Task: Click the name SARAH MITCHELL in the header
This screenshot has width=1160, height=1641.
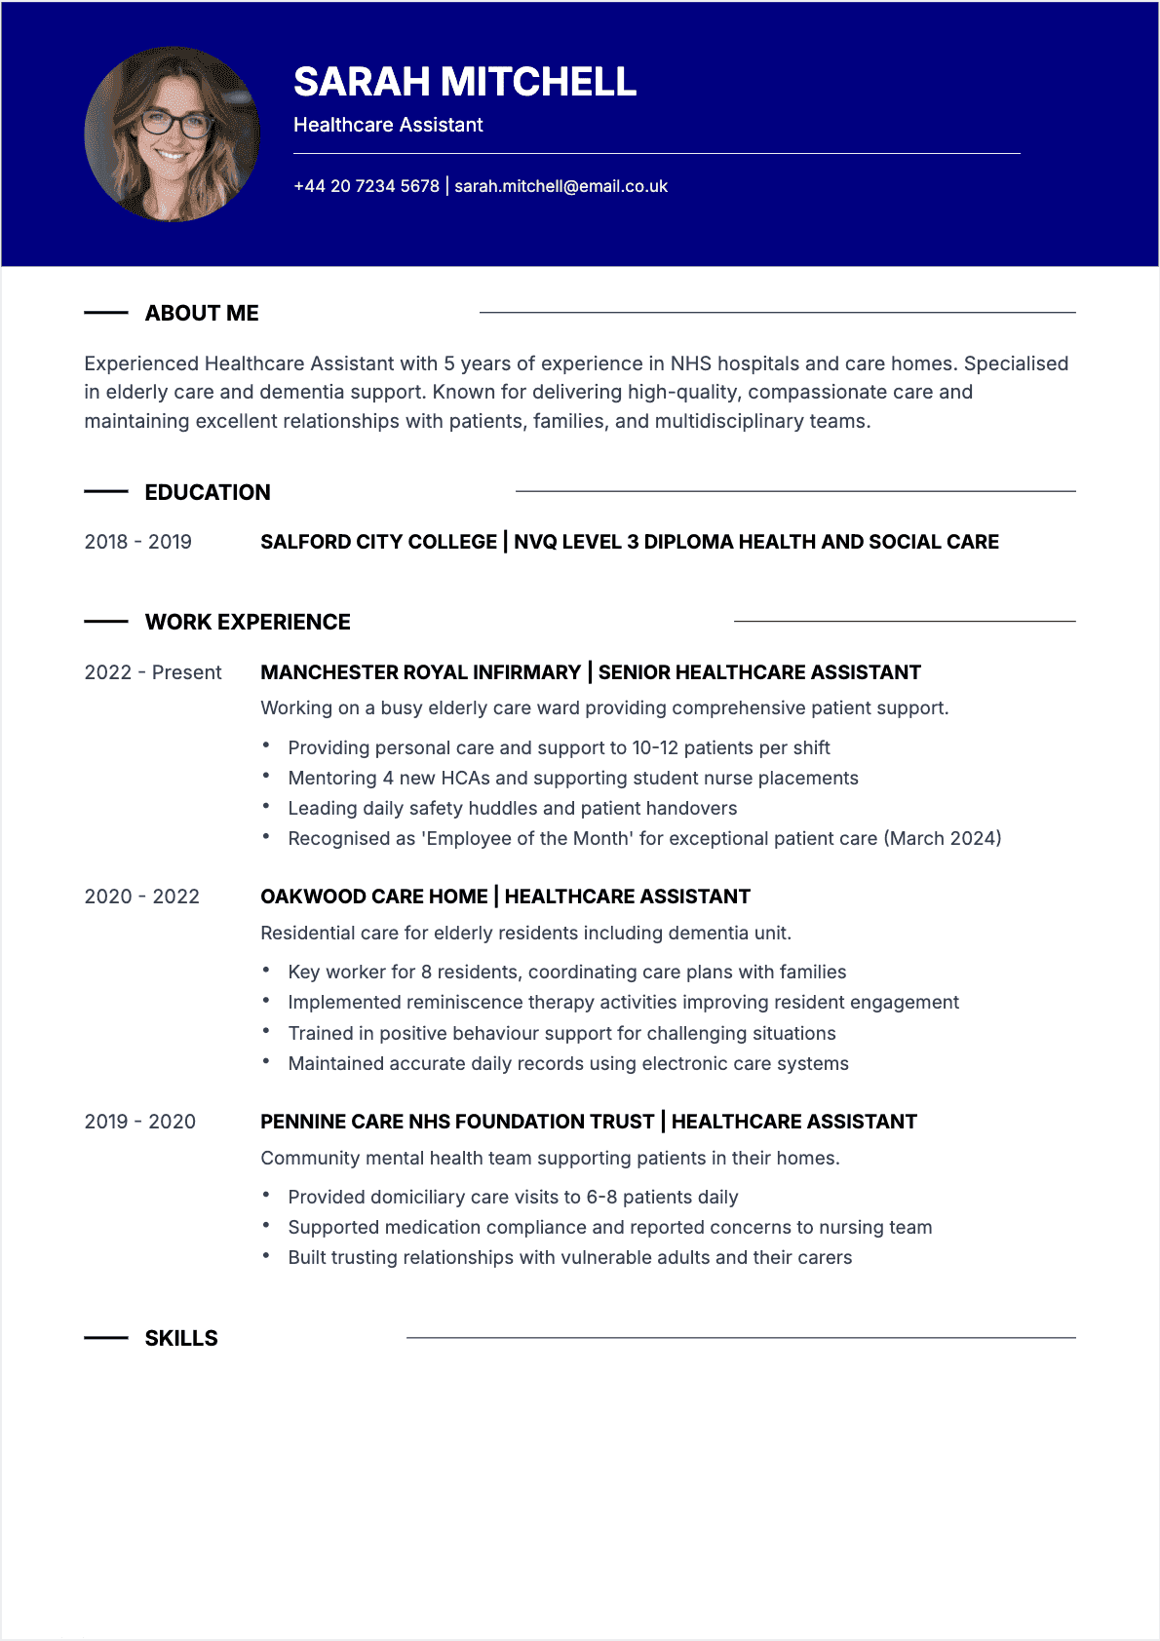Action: point(464,82)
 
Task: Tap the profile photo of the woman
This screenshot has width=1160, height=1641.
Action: point(173,134)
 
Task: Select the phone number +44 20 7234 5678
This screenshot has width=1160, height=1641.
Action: point(367,186)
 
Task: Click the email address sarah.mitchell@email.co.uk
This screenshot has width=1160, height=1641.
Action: point(561,186)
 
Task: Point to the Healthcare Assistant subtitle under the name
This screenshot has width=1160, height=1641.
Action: point(388,125)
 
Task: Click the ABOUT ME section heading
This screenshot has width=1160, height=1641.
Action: point(202,313)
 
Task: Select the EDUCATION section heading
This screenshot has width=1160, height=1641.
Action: point(208,492)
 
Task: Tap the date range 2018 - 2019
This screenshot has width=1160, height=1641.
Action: point(137,542)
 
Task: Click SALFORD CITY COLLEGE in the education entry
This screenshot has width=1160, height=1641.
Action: point(378,542)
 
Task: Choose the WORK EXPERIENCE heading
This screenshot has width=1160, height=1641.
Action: point(248,622)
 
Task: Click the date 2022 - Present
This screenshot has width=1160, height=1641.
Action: point(153,672)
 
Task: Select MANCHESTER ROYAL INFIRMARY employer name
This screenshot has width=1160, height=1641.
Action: point(420,672)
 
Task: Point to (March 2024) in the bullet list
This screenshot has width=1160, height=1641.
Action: point(943,838)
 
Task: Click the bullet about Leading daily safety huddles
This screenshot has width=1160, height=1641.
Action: point(512,808)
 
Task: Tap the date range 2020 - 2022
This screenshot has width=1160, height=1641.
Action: point(141,897)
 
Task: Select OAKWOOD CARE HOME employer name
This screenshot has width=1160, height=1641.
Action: point(373,897)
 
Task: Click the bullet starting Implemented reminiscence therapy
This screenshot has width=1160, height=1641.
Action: point(623,1002)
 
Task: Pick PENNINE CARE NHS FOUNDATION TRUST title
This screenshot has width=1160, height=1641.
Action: point(457,1122)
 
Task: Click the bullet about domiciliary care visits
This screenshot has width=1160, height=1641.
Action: point(513,1197)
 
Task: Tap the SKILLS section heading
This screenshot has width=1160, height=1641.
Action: point(181,1338)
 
